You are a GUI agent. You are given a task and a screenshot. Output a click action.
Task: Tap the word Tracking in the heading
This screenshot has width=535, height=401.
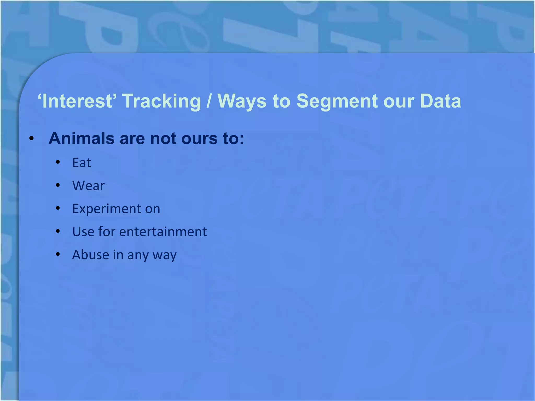coord(161,101)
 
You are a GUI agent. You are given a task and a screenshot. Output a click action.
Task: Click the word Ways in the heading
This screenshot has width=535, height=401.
coord(242,101)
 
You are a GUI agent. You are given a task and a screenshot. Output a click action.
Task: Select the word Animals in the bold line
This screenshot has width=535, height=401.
coord(82,138)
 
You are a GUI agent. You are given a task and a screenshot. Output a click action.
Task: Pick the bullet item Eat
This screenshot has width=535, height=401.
coord(82,163)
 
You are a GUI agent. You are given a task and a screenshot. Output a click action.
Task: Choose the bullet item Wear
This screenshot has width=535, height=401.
coord(88,186)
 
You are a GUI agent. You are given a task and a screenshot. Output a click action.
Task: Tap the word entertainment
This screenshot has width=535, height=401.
coord(163,232)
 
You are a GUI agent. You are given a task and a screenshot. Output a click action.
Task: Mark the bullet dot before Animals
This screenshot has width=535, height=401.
coord(32,139)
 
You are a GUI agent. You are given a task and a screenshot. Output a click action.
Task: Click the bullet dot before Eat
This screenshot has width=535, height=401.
coord(58,162)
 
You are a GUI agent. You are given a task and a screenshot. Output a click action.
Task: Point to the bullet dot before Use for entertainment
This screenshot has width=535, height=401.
coord(58,231)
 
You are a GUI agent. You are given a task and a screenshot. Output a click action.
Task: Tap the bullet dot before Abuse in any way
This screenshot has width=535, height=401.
coord(58,254)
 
